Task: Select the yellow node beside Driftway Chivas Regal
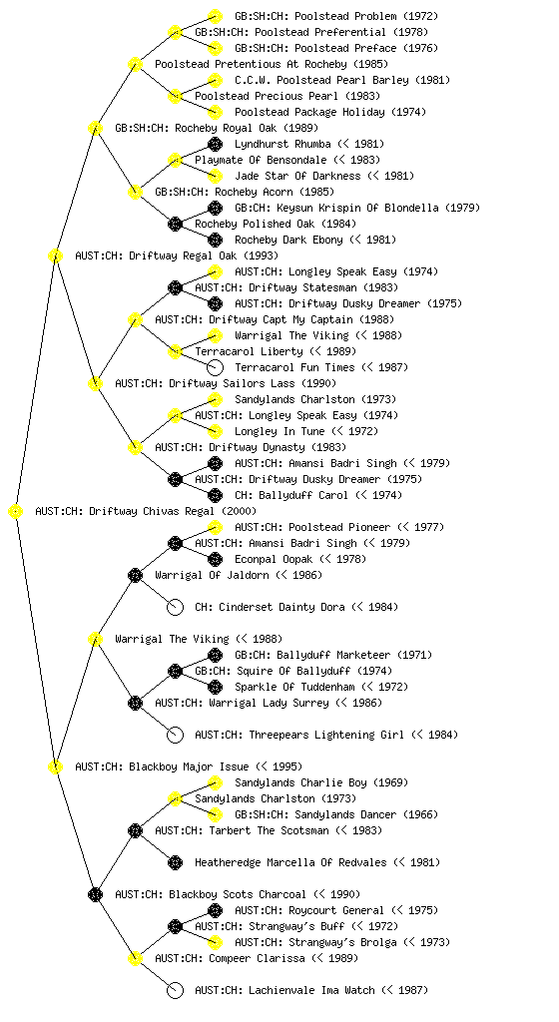pyautogui.click(x=16, y=512)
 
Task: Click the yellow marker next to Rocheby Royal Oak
pyautogui.click(x=95, y=129)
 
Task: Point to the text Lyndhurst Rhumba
pyautogui.click(x=282, y=144)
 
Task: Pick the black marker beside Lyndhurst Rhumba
pyautogui.click(x=215, y=144)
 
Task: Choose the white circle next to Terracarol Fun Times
pyautogui.click(x=215, y=367)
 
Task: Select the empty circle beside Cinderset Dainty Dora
pyautogui.click(x=175, y=608)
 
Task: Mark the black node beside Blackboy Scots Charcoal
pyautogui.click(x=95, y=895)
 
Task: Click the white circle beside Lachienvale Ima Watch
pyautogui.click(x=175, y=991)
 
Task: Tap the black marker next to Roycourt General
pyautogui.click(x=215, y=910)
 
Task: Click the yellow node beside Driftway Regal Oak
pyautogui.click(x=55, y=256)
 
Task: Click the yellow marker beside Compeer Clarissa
pyautogui.click(x=135, y=959)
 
